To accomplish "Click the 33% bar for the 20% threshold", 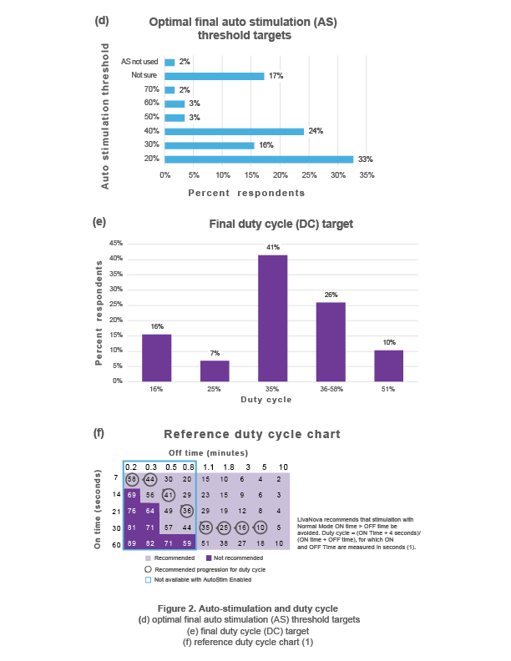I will pyautogui.click(x=260, y=159).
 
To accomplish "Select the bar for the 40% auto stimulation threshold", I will pyautogui.click(x=235, y=131).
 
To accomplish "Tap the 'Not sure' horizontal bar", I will pyautogui.click(x=215, y=76).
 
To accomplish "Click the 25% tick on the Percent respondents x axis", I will pyautogui.click(x=309, y=175).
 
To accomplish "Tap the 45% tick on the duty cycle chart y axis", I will pyautogui.click(x=118, y=243).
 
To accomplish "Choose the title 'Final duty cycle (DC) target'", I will pyautogui.click(x=281, y=224).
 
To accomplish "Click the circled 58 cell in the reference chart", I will pyautogui.click(x=133, y=479).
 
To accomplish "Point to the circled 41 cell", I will pyautogui.click(x=169, y=494).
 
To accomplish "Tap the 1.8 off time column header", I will pyautogui.click(x=225, y=466).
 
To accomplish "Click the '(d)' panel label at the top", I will pyautogui.click(x=102, y=18).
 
